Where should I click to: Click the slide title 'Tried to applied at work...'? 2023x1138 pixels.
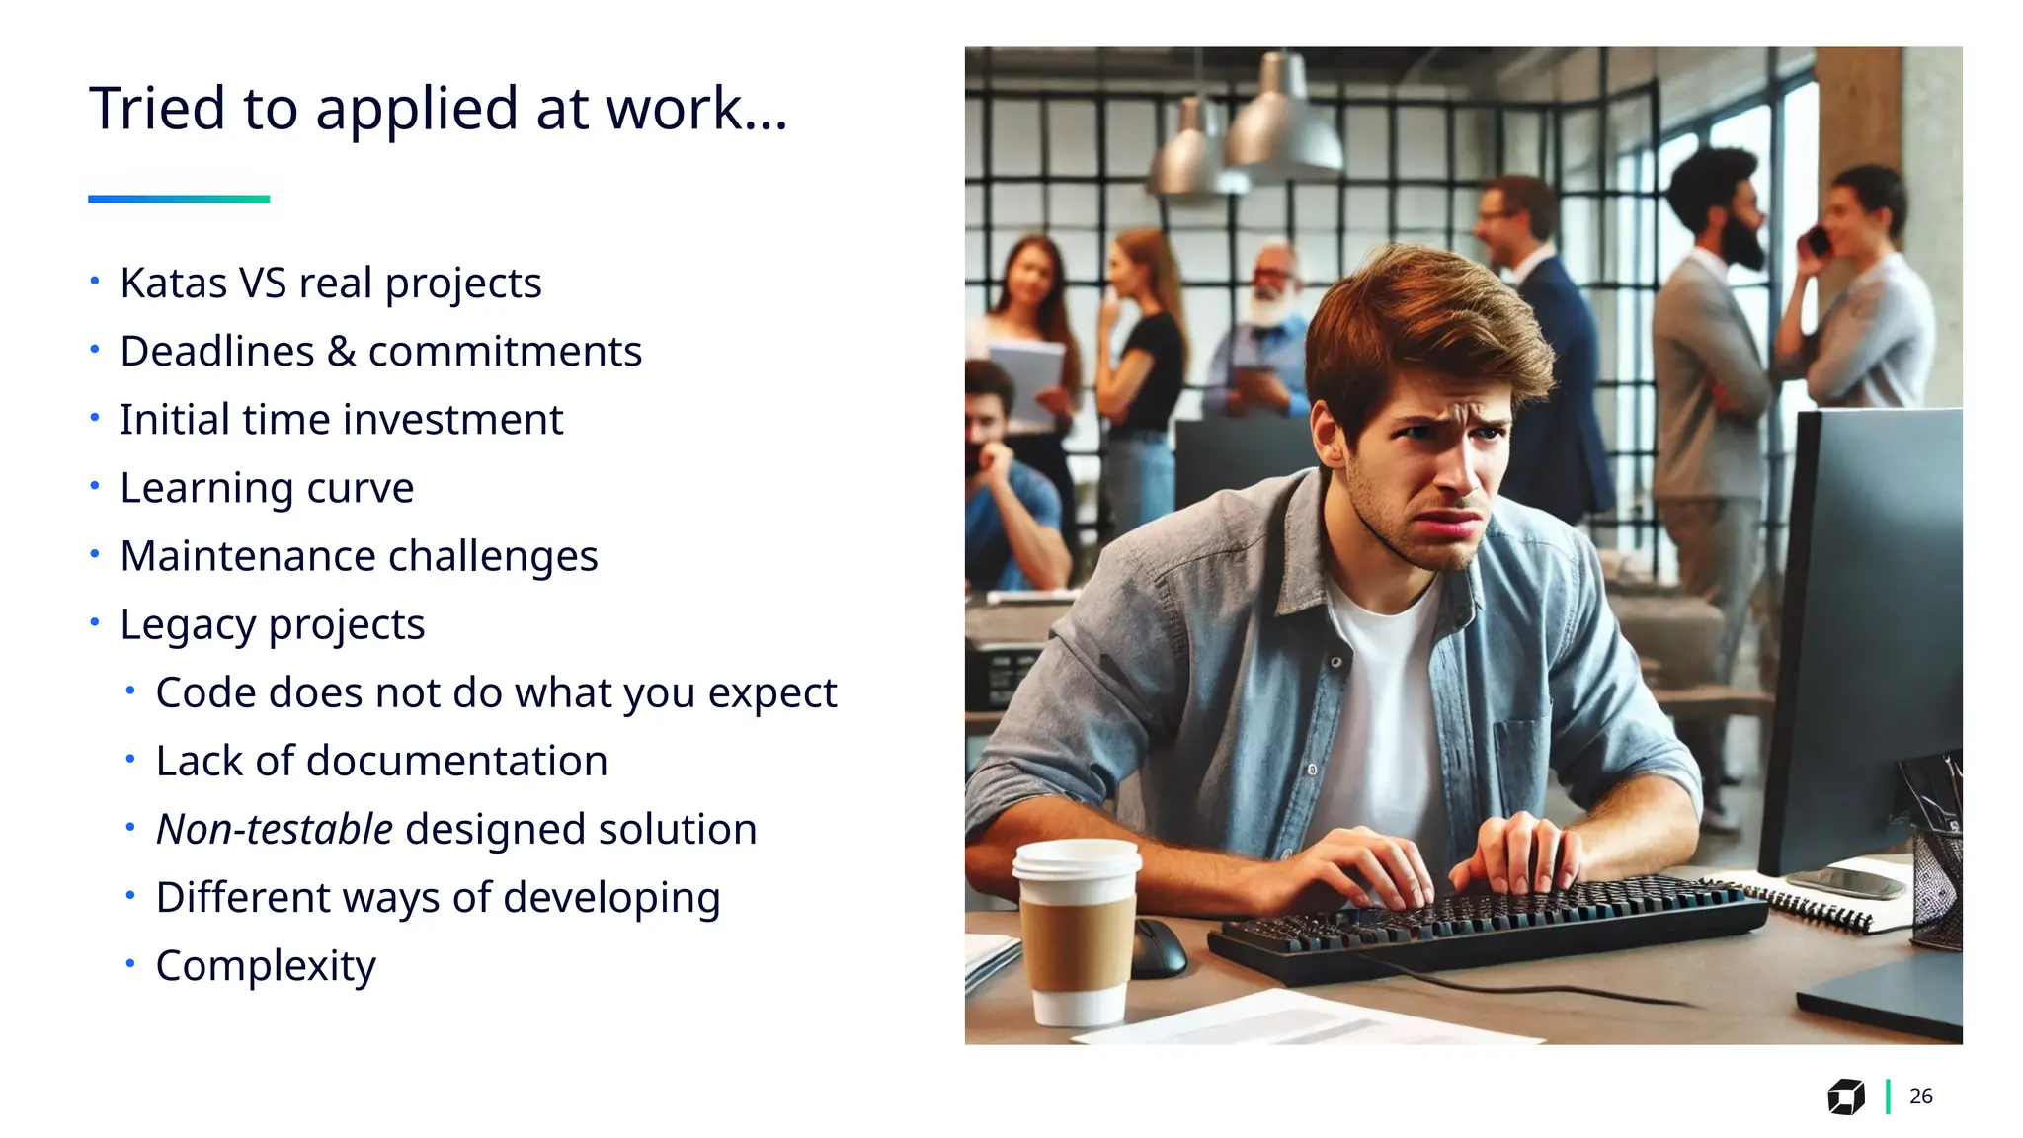(x=438, y=109)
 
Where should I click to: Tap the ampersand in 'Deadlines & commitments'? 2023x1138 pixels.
(x=341, y=352)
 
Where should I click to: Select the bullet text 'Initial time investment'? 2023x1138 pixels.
(x=341, y=420)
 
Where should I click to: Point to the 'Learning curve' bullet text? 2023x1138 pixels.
(x=267, y=488)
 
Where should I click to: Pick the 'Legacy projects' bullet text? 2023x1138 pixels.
(x=272, y=624)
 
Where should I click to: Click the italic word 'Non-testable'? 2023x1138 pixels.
(x=275, y=829)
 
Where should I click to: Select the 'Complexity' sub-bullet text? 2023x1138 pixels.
(x=266, y=965)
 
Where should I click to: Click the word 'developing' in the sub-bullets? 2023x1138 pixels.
(x=611, y=898)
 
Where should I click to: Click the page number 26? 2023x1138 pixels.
(x=1920, y=1097)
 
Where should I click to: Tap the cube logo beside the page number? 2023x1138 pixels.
(x=1845, y=1097)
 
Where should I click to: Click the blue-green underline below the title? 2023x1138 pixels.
(x=179, y=199)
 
